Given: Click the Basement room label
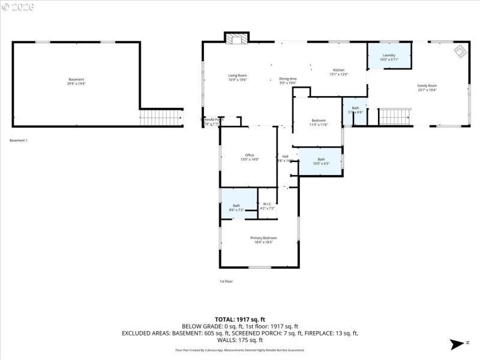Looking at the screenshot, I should point(76,82).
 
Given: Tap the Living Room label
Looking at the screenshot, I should point(238,77).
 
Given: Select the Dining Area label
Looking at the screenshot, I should point(288,80).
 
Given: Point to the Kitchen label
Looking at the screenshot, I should point(338,72).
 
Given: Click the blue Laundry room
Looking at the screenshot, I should point(389,56).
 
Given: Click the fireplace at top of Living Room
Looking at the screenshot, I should point(236,38).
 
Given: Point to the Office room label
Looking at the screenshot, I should point(250,157).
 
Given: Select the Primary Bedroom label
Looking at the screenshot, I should point(264,240).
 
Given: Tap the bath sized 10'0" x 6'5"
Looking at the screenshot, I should point(320,161).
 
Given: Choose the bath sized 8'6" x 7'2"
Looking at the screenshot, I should point(236,208).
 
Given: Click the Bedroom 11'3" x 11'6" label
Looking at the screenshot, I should point(319,122).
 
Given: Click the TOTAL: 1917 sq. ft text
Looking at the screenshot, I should point(239,319).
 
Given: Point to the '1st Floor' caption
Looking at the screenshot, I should point(226,281).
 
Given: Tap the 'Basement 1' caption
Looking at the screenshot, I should point(19,140).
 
